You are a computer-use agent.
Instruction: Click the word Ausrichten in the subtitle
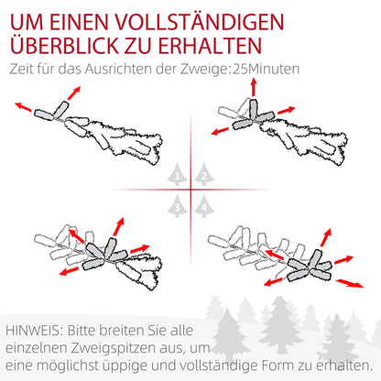(x=115, y=68)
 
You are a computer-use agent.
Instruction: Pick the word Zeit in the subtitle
(x=23, y=68)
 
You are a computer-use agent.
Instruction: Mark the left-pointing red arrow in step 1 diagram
(x=22, y=107)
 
